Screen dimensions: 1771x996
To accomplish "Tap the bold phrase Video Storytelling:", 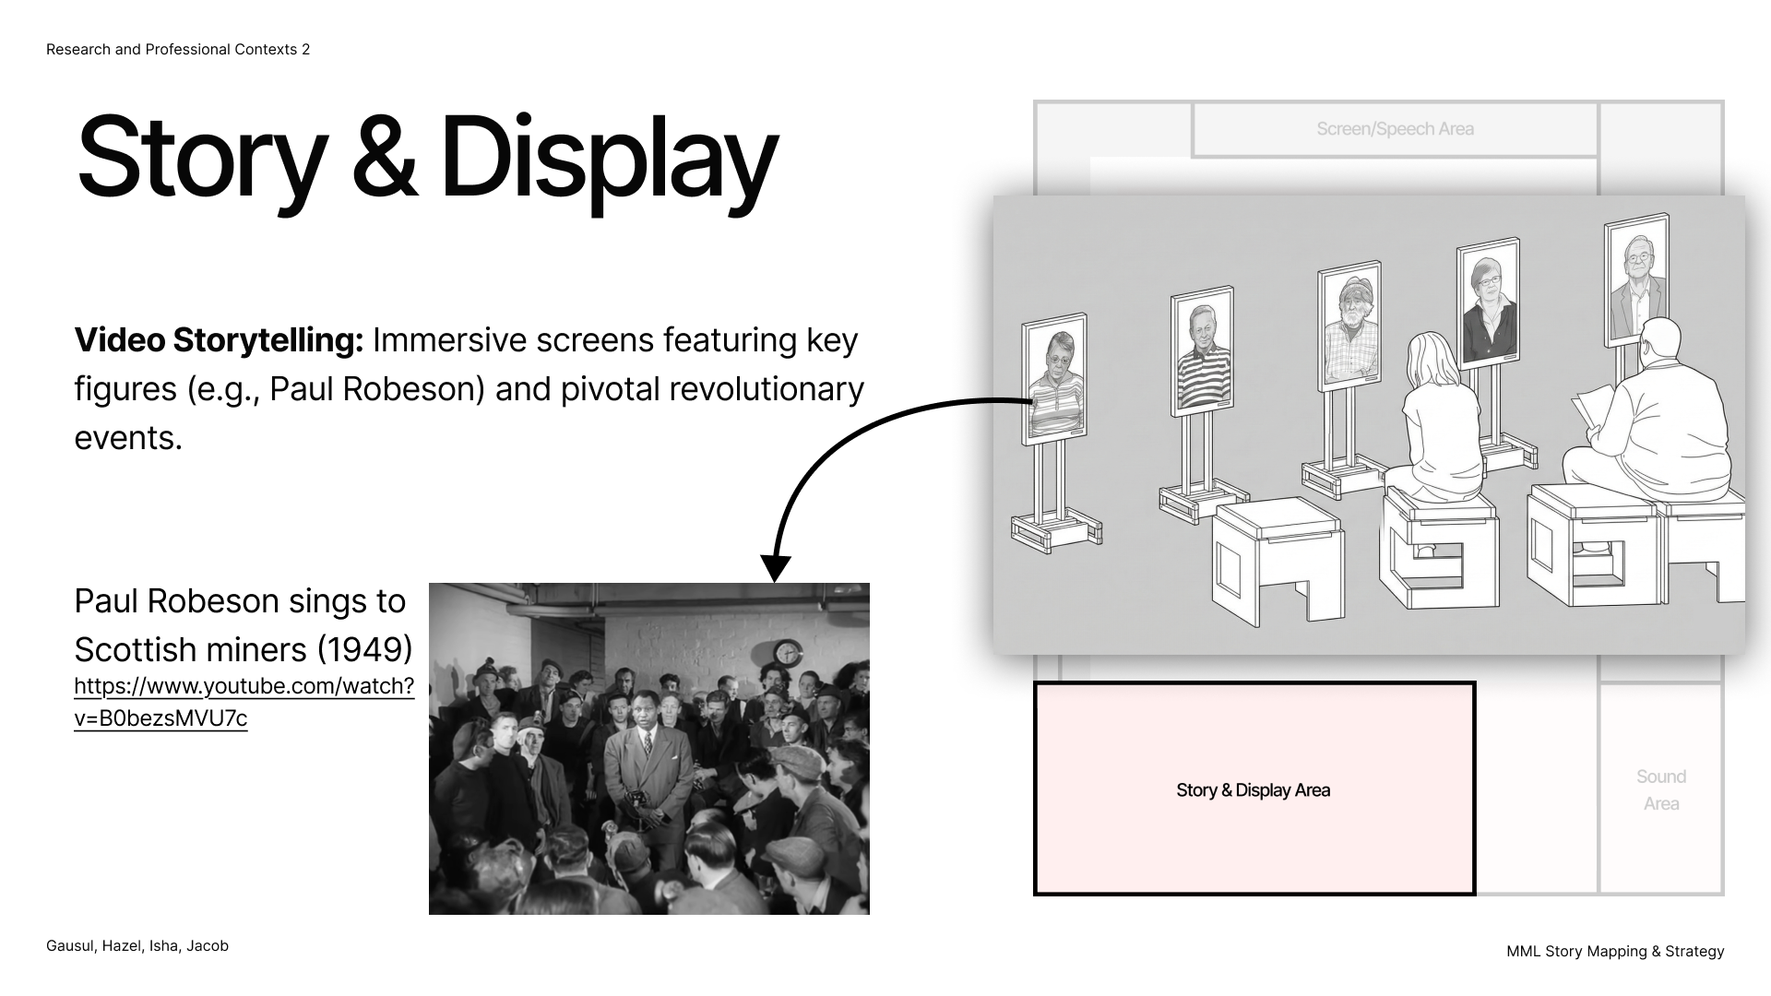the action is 220,340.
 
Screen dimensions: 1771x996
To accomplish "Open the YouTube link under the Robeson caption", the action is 244,702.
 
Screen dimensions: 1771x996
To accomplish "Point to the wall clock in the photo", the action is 787,653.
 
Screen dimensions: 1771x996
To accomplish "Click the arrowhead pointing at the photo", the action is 776,568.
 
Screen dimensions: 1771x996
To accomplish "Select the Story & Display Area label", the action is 1253,790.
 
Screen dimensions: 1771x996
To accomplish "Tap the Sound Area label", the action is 1661,790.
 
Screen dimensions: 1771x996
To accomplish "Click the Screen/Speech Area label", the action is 1395,129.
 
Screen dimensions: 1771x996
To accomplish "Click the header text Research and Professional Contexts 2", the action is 178,50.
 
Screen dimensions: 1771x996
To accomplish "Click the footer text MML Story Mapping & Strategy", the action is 1615,952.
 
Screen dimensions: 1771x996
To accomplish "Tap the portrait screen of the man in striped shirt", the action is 1203,351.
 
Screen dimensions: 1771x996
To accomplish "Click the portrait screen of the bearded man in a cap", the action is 1350,326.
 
